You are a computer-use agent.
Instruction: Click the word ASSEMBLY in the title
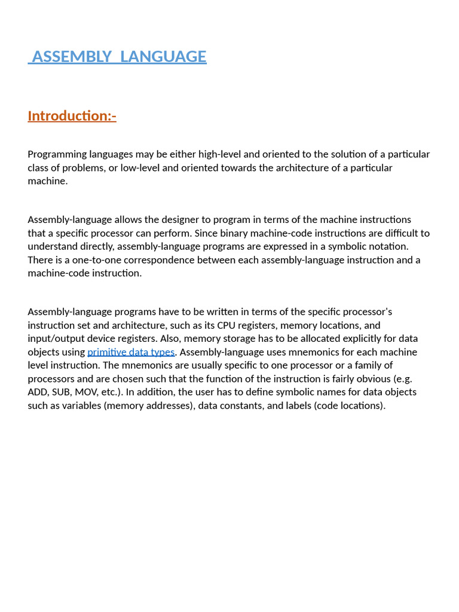[x=72, y=57]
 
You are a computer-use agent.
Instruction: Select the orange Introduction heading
[x=72, y=115]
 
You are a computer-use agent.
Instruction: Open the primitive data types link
[x=131, y=352]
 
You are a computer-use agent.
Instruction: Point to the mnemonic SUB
[x=68, y=392]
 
